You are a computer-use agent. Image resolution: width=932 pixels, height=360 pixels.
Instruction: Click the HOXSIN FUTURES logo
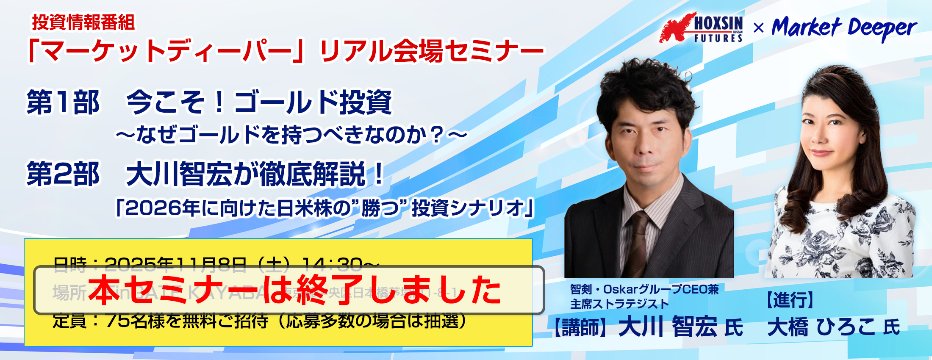pyautogui.click(x=702, y=28)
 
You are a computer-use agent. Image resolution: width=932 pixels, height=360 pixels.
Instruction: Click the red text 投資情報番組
pyautogui.click(x=83, y=22)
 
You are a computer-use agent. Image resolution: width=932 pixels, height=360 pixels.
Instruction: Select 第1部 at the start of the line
pyautogui.click(x=63, y=102)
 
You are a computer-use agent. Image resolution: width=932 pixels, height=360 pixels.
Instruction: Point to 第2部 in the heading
pyautogui.click(x=63, y=174)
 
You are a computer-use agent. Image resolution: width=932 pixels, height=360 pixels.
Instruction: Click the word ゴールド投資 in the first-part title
pyautogui.click(x=313, y=102)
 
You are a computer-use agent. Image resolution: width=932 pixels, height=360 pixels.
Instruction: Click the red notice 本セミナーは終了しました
pyautogui.click(x=295, y=291)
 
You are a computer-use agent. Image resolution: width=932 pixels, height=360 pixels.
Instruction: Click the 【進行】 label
pyautogui.click(x=791, y=300)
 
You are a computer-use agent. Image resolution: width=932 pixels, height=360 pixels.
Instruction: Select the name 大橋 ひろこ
pyautogui.click(x=822, y=327)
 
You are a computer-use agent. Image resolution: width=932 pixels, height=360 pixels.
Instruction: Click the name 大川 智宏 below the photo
pyautogui.click(x=668, y=327)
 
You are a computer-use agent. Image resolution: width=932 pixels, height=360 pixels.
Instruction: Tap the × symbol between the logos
pyautogui.click(x=759, y=28)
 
